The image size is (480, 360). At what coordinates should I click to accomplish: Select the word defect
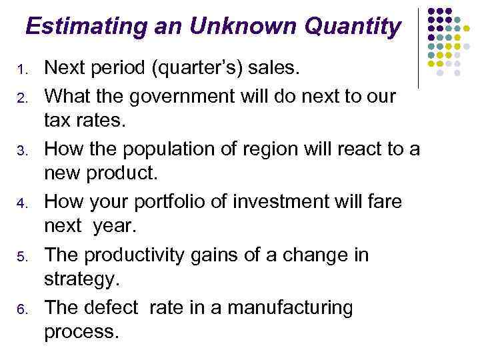point(111,309)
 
